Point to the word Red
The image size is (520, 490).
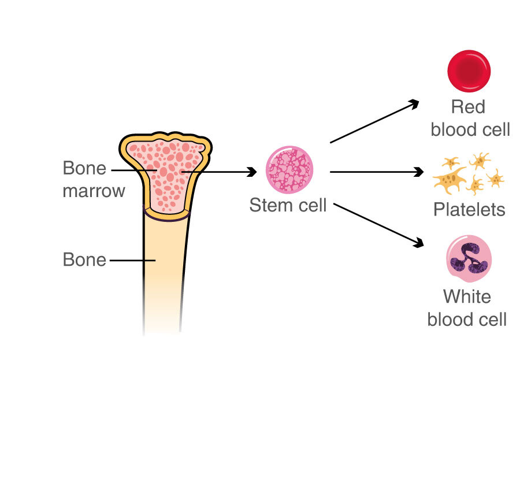click(x=468, y=107)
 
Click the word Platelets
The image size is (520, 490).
click(x=469, y=209)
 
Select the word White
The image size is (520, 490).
click(x=467, y=297)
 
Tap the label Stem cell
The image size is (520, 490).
click(x=288, y=205)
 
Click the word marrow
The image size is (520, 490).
click(x=94, y=191)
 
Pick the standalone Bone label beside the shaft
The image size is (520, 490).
click(x=84, y=260)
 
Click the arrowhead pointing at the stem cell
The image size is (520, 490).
click(x=251, y=172)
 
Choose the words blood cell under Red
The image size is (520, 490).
click(x=470, y=129)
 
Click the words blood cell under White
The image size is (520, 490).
click(x=467, y=319)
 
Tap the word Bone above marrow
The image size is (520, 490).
click(x=84, y=169)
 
